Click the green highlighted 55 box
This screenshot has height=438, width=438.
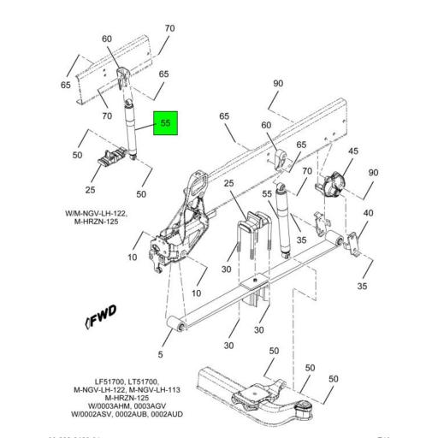pos(166,123)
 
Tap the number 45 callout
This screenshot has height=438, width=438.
pos(352,151)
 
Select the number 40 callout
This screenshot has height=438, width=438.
pos(368,213)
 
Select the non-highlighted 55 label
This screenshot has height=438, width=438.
pos(268,194)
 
